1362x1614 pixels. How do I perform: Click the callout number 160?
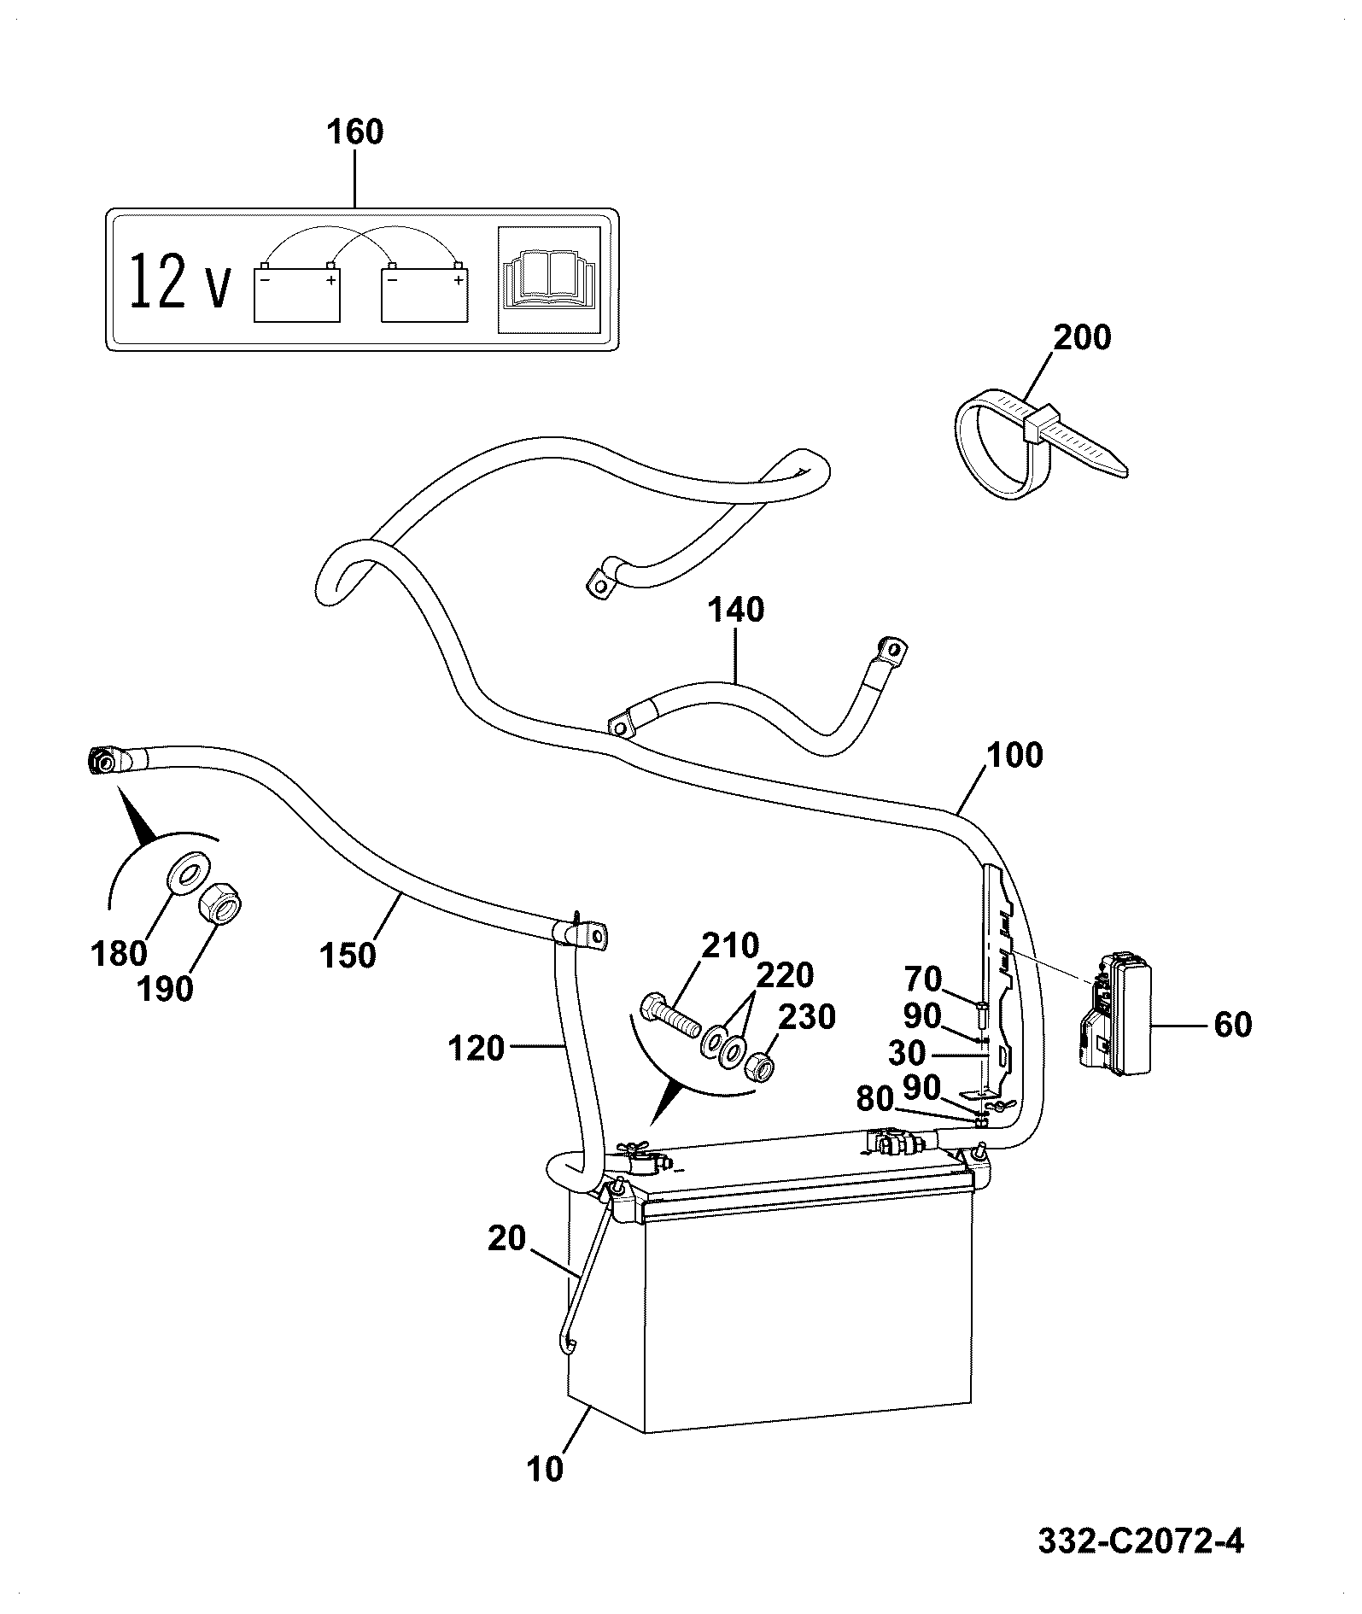(x=355, y=133)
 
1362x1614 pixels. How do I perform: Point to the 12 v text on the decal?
(x=180, y=280)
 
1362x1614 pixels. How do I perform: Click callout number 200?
(x=1082, y=337)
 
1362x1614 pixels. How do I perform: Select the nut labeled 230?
(x=759, y=1067)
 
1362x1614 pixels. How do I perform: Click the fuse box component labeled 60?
(x=1115, y=1017)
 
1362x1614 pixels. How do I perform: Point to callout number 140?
(x=735, y=611)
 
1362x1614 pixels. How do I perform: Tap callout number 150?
(x=348, y=955)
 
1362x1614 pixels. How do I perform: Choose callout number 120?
(x=476, y=1048)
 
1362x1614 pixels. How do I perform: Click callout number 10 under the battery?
(x=545, y=1468)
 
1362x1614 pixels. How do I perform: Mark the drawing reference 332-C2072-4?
(x=1141, y=1540)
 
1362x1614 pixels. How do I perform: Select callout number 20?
(x=506, y=1237)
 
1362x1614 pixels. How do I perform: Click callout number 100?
(x=1014, y=756)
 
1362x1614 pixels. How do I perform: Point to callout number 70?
(x=922, y=979)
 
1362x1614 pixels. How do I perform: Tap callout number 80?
(x=874, y=1100)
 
